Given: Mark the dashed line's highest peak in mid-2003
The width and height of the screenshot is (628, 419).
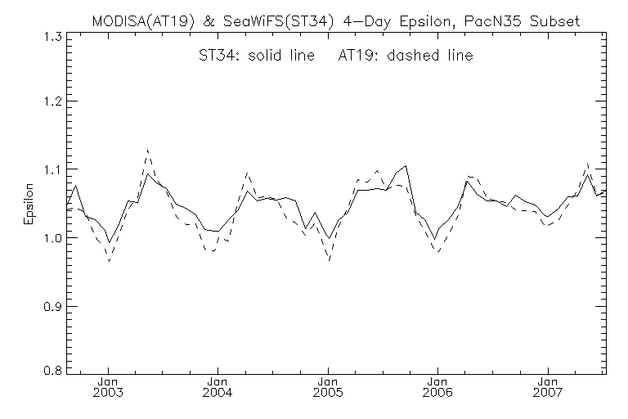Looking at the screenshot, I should tap(147, 151).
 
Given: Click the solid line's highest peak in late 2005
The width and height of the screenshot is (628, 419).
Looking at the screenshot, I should tap(406, 166).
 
